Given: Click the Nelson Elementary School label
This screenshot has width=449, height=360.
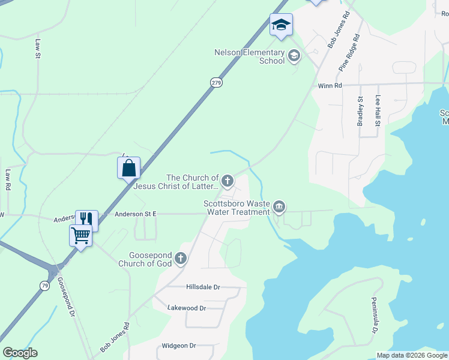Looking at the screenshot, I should coord(249,56).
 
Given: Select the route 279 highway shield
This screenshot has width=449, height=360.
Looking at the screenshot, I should coord(216,82).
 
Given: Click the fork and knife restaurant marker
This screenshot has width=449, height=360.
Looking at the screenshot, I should coord(86,220).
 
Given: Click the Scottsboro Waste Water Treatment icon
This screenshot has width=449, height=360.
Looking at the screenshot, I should coord(279,208).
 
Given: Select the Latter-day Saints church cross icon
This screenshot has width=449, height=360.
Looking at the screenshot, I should coord(228,180).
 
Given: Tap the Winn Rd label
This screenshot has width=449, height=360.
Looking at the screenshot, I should coord(330,86).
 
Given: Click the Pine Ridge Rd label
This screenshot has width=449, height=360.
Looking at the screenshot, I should coord(349,53).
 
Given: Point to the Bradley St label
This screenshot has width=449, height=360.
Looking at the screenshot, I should coord(361,111).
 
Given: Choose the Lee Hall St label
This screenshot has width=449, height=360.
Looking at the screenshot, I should coord(378,110).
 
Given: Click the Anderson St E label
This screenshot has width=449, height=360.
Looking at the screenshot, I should coord(135,213).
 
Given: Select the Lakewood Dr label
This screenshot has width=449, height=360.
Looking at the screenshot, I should coord(187,308).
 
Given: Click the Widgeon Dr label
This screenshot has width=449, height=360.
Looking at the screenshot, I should coord(179,346).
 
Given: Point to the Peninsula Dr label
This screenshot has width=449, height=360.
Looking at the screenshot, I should coord(373,315).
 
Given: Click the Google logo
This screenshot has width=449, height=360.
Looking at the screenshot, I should coord(20,353).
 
